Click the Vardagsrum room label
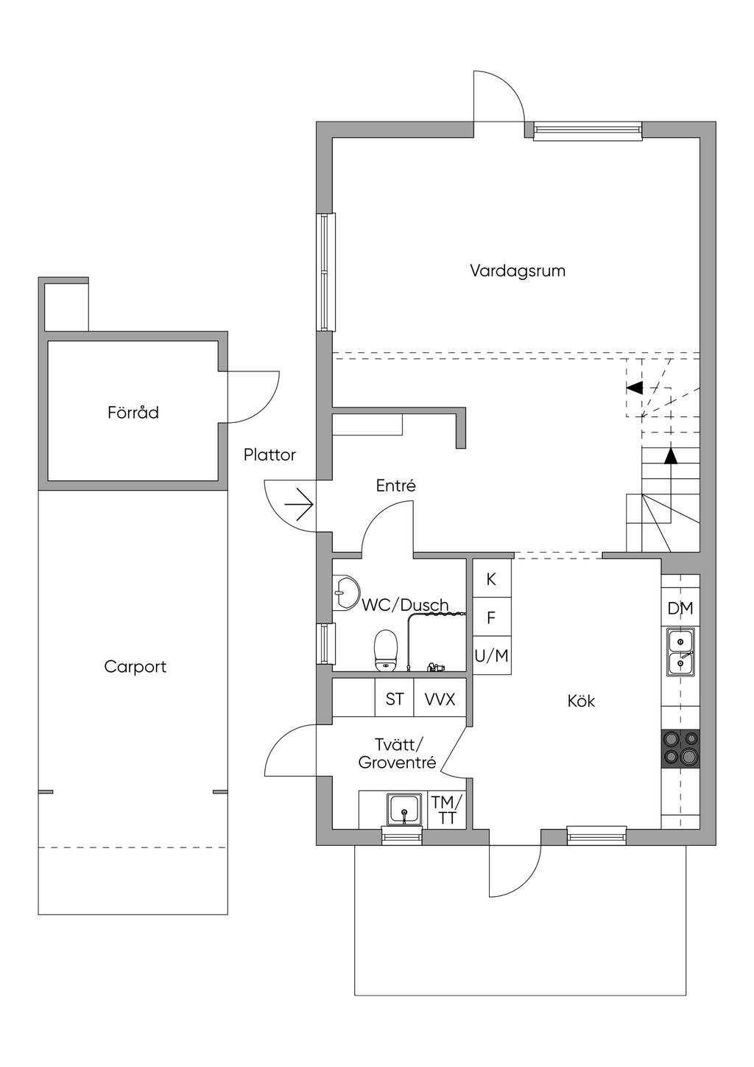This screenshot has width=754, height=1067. (518, 271)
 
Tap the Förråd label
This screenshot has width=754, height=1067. (133, 413)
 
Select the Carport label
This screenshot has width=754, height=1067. (135, 667)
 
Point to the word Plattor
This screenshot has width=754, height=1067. (269, 455)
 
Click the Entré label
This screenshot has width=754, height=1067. (395, 486)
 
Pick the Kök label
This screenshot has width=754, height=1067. (581, 701)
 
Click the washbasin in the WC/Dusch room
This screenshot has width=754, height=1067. (345, 592)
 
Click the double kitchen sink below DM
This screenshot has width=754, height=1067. (680, 651)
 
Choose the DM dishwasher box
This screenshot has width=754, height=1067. (680, 608)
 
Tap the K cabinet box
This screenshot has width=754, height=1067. (491, 578)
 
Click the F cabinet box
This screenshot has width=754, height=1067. (491, 618)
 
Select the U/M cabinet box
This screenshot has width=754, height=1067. (491, 655)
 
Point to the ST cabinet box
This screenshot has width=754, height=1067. (394, 699)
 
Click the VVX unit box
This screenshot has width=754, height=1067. (440, 699)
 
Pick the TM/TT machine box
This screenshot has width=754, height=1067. (447, 810)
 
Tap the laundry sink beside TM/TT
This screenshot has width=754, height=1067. (404, 809)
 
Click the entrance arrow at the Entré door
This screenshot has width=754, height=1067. (298, 504)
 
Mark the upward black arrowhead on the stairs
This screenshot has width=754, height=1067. (670, 456)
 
